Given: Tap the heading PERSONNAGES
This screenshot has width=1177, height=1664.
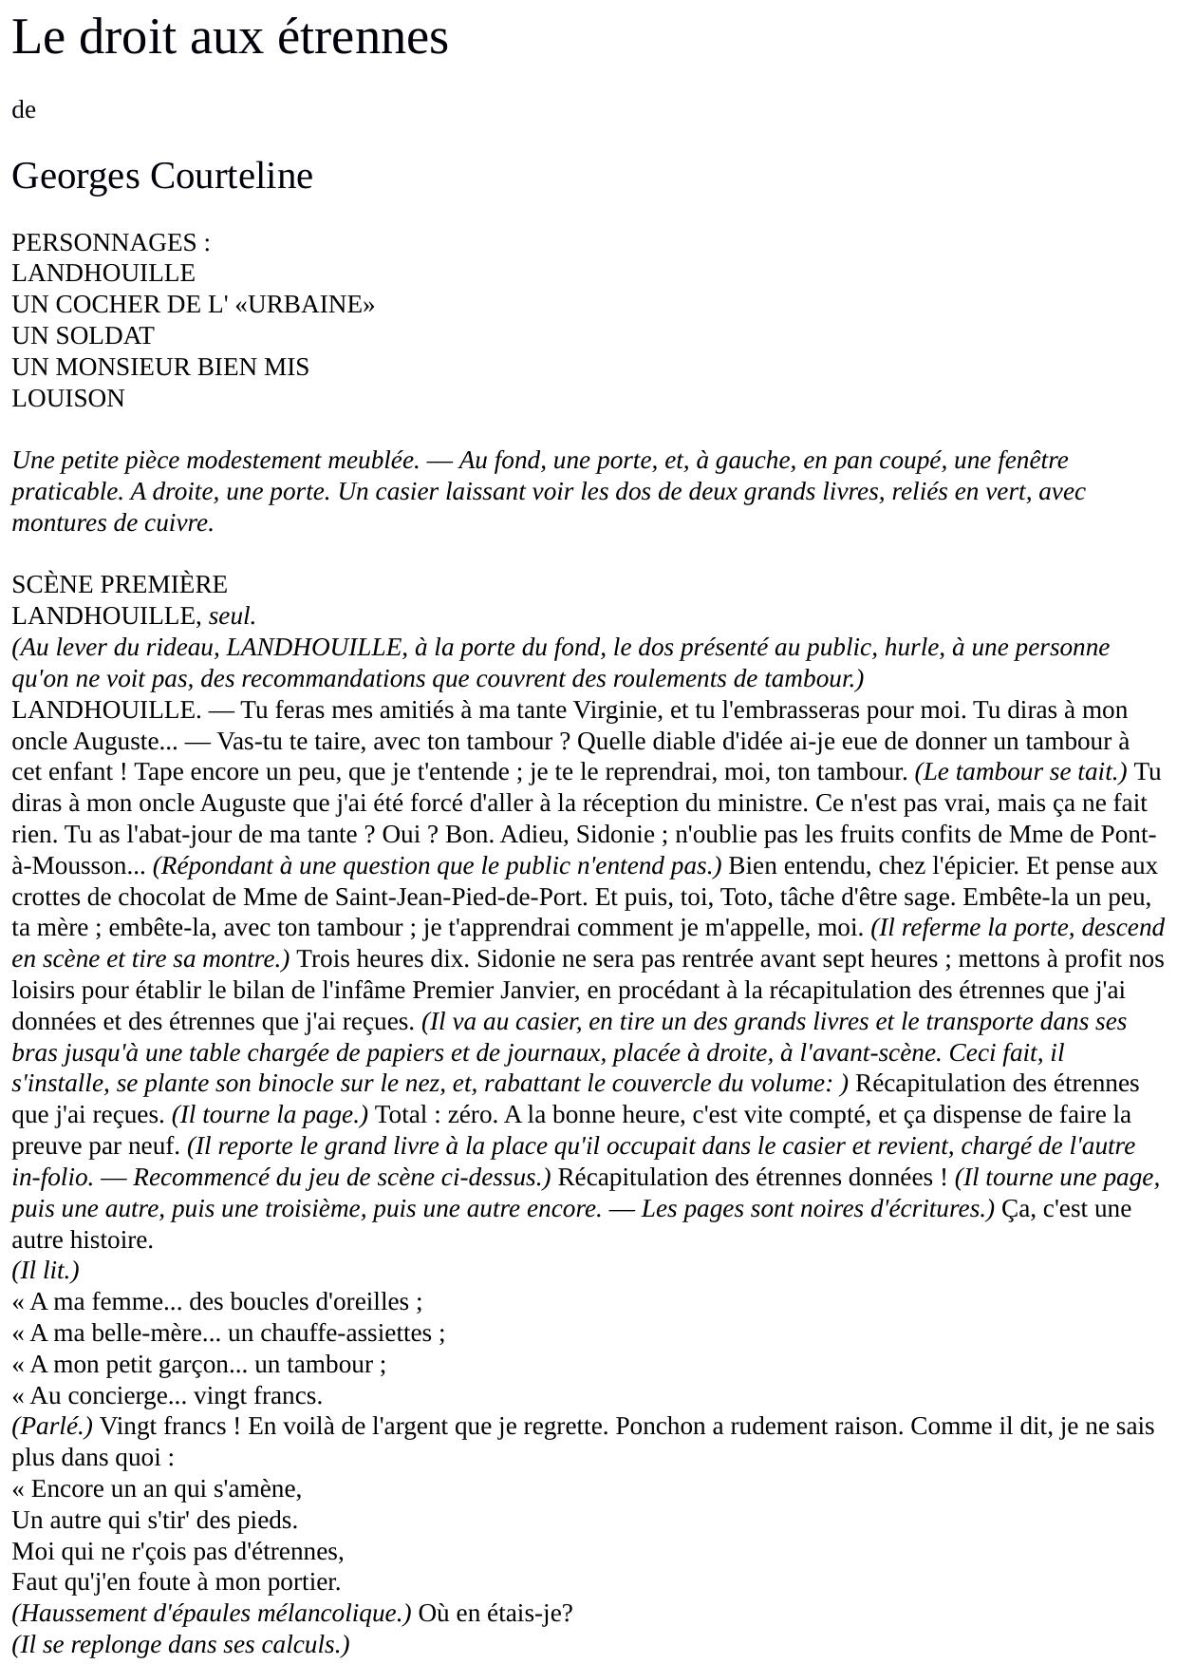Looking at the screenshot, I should coord(103,242).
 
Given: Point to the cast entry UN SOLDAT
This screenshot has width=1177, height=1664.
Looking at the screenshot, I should coord(83,336).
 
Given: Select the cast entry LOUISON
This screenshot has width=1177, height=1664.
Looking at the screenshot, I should coord(68,399).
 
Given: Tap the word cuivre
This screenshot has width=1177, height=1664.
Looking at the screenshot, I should coord(177,523).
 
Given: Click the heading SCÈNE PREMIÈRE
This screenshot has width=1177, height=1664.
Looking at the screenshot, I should coord(120,585).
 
